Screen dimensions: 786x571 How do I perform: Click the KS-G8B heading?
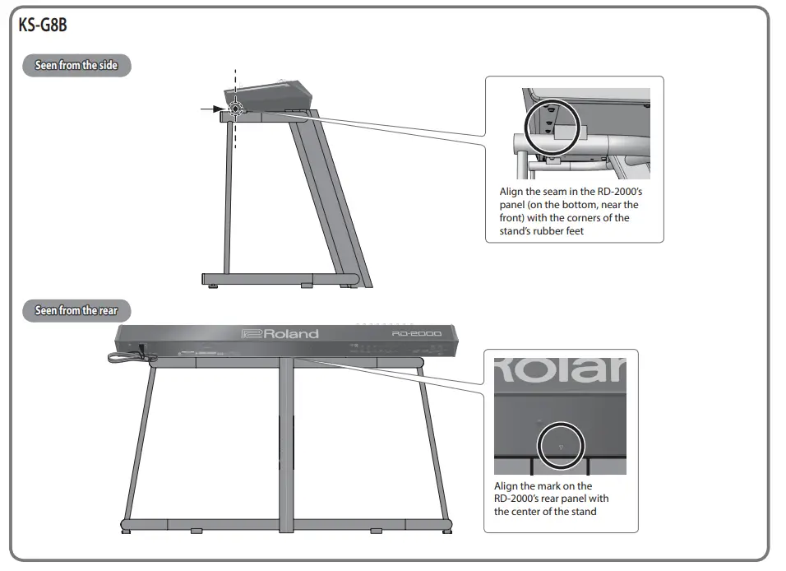(x=43, y=25)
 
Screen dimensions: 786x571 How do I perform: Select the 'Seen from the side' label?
(x=76, y=65)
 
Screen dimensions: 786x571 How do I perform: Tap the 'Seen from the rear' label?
(x=76, y=310)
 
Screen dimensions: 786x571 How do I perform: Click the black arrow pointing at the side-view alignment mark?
(x=213, y=109)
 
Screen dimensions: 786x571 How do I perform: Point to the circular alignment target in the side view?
(x=235, y=109)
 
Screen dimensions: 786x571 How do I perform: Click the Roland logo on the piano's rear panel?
(x=280, y=334)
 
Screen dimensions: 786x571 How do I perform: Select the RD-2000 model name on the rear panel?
(x=417, y=333)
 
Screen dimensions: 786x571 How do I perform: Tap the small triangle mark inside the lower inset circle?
(x=561, y=447)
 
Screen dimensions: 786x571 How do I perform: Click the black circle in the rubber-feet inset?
(x=525, y=128)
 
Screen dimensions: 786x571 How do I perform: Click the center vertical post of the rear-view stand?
(x=286, y=444)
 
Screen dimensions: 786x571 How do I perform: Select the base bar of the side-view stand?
(x=280, y=279)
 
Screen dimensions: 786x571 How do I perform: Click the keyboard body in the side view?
(x=268, y=95)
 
